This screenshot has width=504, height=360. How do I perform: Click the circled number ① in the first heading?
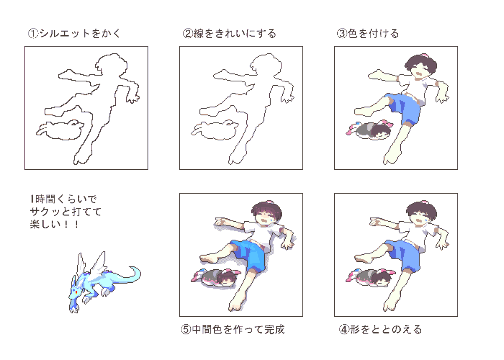tap(33, 34)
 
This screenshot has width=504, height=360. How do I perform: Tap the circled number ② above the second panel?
tap(188, 34)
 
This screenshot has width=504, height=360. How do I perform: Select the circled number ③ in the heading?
tap(342, 34)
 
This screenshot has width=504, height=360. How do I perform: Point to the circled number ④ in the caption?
tap(344, 330)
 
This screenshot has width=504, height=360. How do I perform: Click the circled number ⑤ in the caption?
tap(186, 330)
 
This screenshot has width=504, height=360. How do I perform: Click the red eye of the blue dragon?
tap(76, 292)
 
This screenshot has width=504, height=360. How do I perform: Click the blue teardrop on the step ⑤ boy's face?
tap(272, 218)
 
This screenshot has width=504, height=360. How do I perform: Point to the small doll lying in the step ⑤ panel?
tap(216, 278)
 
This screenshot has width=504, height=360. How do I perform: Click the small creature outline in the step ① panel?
tap(60, 130)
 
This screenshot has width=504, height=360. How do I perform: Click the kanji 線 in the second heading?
tap(199, 34)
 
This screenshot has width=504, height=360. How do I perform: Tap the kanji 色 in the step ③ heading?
tap(353, 34)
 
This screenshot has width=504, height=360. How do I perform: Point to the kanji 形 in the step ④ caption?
tap(355, 330)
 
